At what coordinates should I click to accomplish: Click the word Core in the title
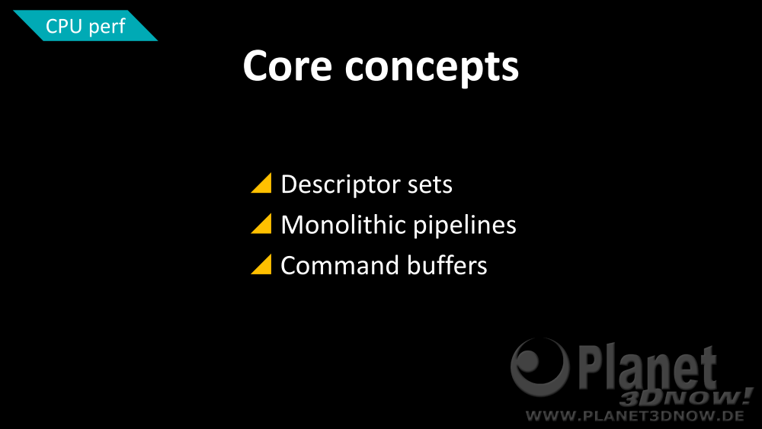click(288, 66)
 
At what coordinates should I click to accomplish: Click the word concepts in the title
click(432, 69)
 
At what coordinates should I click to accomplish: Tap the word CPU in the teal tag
click(63, 26)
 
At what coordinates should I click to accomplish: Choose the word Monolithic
click(343, 225)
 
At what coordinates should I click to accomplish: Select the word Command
click(340, 266)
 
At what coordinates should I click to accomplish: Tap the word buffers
click(447, 265)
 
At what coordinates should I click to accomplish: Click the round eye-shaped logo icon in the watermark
click(540, 366)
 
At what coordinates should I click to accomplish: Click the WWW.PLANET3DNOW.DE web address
click(636, 416)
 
